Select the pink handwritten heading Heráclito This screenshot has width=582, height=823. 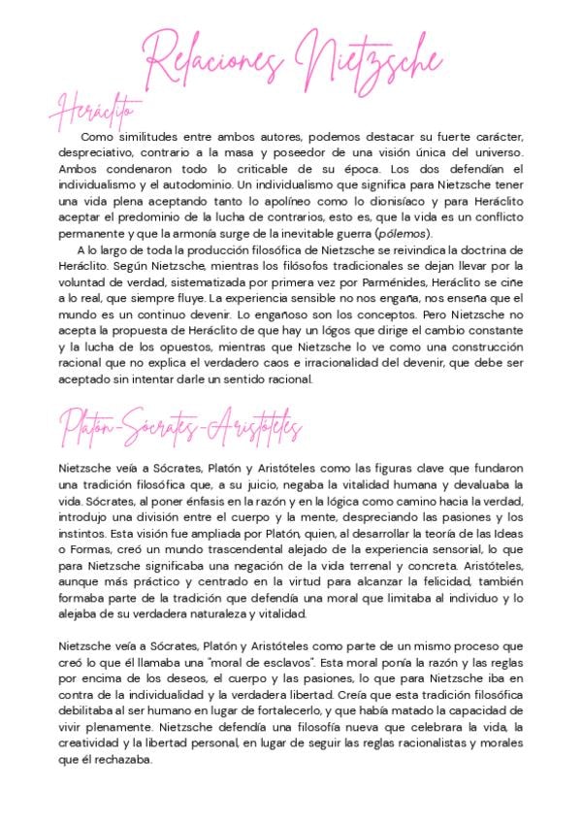click(100, 111)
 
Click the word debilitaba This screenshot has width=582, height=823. click(90, 711)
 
